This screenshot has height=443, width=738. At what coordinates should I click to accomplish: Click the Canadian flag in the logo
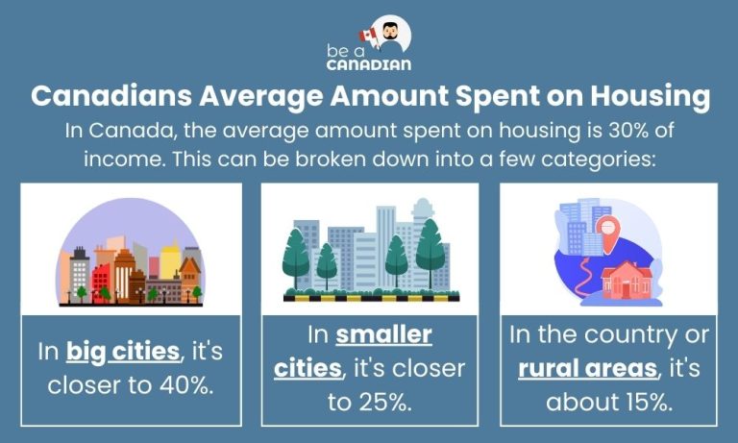(369, 35)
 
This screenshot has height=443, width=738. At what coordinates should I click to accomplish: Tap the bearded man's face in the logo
(391, 36)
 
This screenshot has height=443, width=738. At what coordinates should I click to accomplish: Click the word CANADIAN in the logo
(368, 64)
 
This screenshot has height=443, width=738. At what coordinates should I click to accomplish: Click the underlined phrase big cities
(123, 352)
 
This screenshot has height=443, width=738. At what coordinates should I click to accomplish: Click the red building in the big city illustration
(101, 280)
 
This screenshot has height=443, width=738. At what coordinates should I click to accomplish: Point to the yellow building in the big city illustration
(171, 260)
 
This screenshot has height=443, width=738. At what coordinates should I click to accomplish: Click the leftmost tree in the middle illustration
(295, 255)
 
